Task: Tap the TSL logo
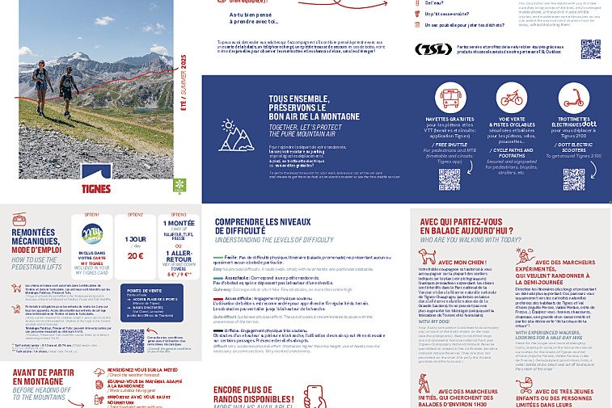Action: pos(433,49)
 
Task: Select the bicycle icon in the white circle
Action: pos(511,99)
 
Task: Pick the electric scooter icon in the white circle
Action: pos(572,99)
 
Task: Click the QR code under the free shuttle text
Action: pos(450,179)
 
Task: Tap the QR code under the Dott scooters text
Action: pos(573,179)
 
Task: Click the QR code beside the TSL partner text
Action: pos(590,48)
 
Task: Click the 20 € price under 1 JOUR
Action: pos(135,256)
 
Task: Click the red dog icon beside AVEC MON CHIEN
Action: pos(426,256)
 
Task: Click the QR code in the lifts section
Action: pos(132,340)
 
